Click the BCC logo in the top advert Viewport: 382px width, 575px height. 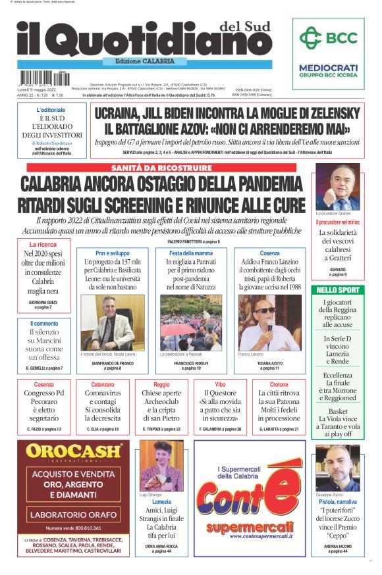point(328,38)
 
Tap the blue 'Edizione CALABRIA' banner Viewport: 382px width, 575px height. point(140,61)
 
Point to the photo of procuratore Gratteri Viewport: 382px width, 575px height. point(338,186)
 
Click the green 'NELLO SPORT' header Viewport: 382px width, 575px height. point(338,289)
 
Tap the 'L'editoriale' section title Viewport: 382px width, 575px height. point(51,109)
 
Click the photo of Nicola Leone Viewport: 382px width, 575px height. point(107,322)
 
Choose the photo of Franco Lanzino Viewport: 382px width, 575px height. point(269,322)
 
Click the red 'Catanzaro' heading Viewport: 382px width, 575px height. point(103,384)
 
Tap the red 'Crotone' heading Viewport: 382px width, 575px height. point(279,384)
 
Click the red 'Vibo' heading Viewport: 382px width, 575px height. point(221,384)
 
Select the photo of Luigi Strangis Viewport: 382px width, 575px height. point(161,465)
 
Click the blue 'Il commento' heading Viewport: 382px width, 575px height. point(44,324)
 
